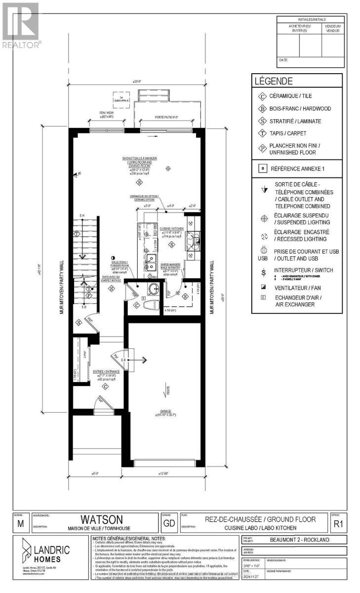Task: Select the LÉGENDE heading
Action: [x=273, y=81]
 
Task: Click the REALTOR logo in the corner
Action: [x=21, y=25]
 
